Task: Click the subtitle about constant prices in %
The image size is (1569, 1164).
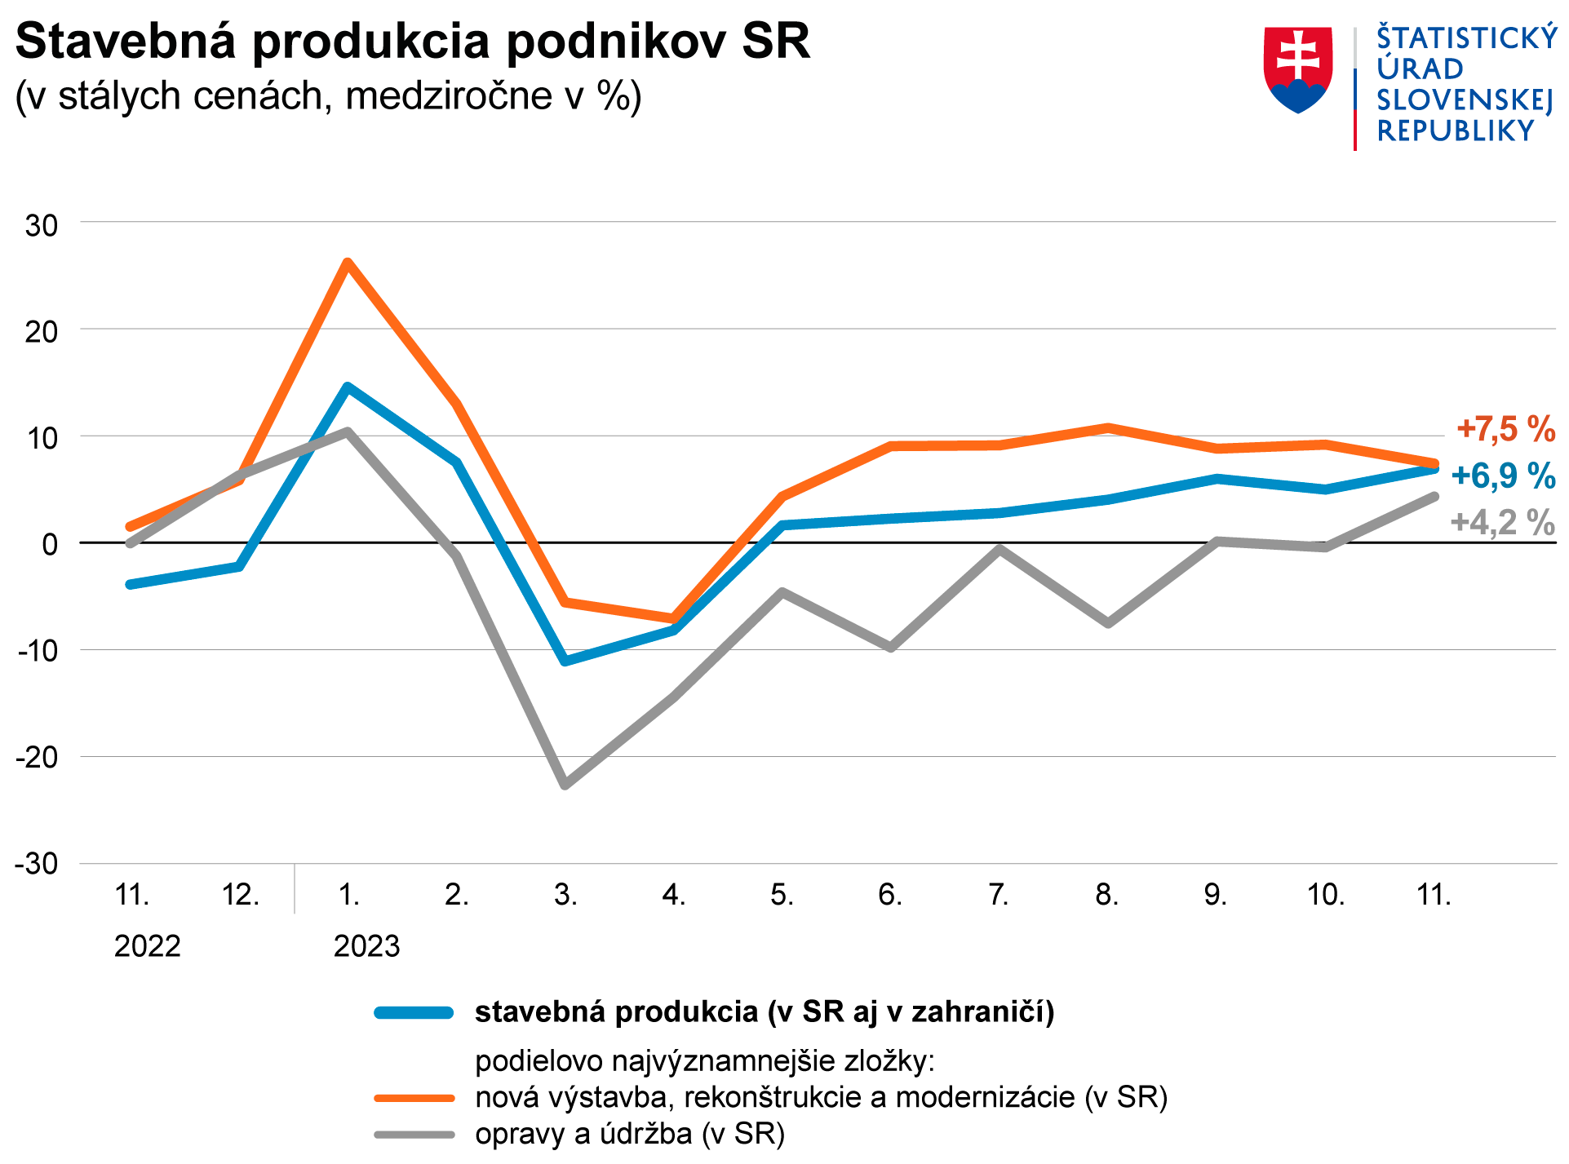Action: pyautogui.click(x=329, y=96)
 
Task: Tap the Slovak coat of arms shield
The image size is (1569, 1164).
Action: pyautogui.click(x=1297, y=69)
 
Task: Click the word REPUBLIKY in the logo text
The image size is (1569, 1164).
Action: pyautogui.click(x=1455, y=131)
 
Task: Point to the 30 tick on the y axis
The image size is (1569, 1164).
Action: pyautogui.click(x=42, y=225)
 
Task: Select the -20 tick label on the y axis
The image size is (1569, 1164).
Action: pyautogui.click(x=38, y=757)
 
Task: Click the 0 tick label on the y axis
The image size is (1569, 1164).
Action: pyautogui.click(x=50, y=544)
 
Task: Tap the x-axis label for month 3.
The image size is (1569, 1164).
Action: pyautogui.click(x=565, y=895)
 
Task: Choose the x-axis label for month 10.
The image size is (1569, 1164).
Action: pyautogui.click(x=1325, y=895)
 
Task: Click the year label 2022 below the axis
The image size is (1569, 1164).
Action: pyautogui.click(x=147, y=946)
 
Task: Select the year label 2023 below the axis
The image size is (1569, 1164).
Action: pyautogui.click(x=366, y=946)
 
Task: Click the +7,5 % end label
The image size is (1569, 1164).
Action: pyautogui.click(x=1505, y=428)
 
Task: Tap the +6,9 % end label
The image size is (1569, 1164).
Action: pyautogui.click(x=1503, y=476)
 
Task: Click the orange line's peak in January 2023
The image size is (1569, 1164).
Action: pyautogui.click(x=348, y=263)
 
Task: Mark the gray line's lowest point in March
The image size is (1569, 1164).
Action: pyautogui.click(x=565, y=785)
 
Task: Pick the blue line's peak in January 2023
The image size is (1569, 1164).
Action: pyautogui.click(x=348, y=387)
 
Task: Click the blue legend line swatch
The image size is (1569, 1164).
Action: pyautogui.click(x=414, y=1012)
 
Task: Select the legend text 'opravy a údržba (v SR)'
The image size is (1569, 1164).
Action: pyautogui.click(x=630, y=1134)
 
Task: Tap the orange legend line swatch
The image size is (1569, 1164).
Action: pyautogui.click(x=414, y=1098)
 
